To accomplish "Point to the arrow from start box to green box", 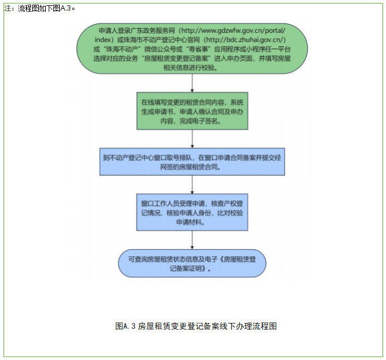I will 192,83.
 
